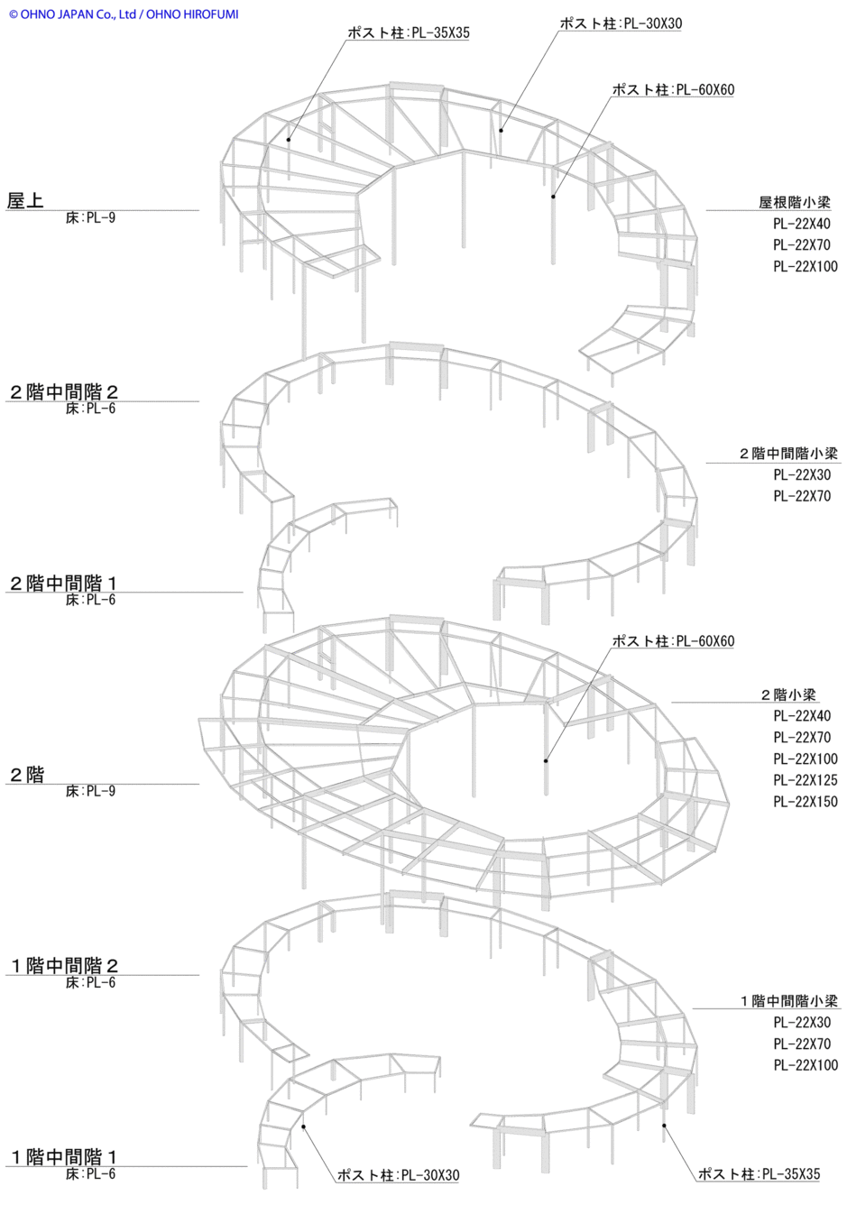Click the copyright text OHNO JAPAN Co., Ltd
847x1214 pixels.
[78, 14]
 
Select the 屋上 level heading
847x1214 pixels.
[25, 200]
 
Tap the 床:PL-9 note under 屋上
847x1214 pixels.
[90, 218]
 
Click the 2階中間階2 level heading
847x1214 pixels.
[63, 391]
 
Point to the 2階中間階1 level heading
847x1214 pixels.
[63, 584]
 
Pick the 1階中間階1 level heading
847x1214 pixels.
[64, 1157]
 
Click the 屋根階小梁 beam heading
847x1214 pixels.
[794, 203]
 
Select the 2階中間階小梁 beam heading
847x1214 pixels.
[788, 454]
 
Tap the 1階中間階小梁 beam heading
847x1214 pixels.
[789, 1001]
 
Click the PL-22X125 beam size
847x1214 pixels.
[806, 780]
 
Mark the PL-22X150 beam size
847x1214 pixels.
[806, 802]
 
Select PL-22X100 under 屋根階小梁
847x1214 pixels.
[806, 266]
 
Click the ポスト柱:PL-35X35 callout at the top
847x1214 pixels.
[408, 33]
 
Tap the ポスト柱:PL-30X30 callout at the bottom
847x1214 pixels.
[398, 1175]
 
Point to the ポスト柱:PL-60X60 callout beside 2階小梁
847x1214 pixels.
[673, 641]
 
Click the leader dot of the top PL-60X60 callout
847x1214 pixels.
[553, 197]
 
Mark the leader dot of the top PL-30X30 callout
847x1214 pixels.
[502, 131]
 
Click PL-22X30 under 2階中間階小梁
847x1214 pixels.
[802, 474]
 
